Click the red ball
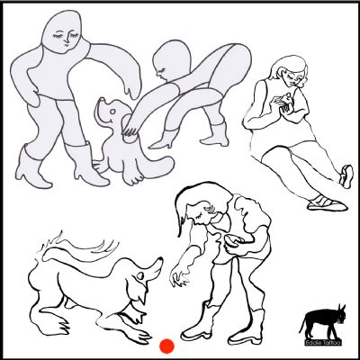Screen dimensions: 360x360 (166, 346)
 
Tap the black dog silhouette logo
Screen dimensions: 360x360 (323, 322)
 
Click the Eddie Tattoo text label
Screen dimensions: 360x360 (323, 342)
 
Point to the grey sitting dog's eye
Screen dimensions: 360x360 (112, 112)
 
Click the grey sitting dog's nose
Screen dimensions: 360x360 (102, 100)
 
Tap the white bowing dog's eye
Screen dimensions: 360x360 (139, 275)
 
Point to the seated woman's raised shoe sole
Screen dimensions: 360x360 (346, 177)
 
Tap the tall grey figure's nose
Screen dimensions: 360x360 (67, 42)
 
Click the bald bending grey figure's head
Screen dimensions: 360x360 (170, 61)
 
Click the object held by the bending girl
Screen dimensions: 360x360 (231, 238)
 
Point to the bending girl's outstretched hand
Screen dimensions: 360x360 (180, 275)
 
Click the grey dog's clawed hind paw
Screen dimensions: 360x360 (132, 177)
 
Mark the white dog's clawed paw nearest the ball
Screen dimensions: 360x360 (141, 335)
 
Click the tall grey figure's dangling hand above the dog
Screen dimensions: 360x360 (133, 88)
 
